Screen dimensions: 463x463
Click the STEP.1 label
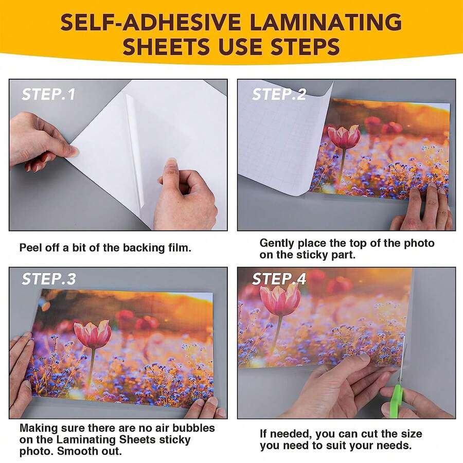coord(48,95)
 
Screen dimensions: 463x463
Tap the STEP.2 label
coord(279,95)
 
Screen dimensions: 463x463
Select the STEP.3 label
coord(48,279)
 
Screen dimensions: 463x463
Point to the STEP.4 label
coord(279,279)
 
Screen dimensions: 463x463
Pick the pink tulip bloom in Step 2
coord(344,137)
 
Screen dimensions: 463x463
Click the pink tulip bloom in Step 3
coord(93,334)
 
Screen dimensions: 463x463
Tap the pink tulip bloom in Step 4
coord(280,299)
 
